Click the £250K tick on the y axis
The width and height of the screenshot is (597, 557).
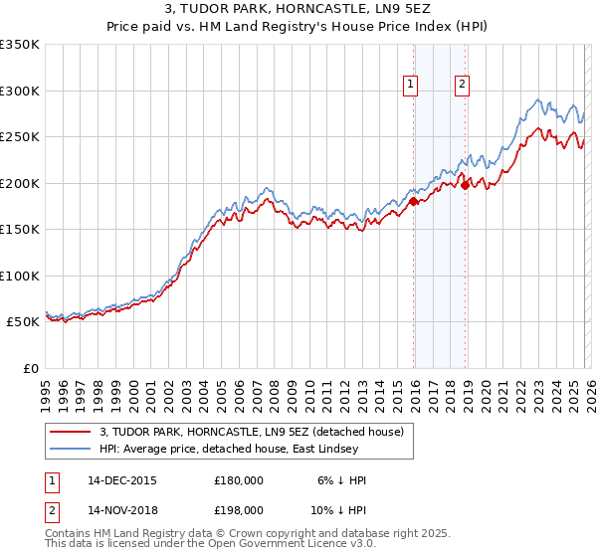coord(20,137)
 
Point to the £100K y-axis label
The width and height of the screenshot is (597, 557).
coord(20,276)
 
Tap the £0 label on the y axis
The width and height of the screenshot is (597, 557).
coord(30,368)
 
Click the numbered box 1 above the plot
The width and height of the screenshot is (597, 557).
coord(411,86)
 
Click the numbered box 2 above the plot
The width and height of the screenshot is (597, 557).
coord(463,86)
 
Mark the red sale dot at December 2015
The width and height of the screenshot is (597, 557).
coord(413,201)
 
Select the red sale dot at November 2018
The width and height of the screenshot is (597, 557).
coord(465,185)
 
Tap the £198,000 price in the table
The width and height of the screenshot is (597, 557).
coord(238,511)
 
